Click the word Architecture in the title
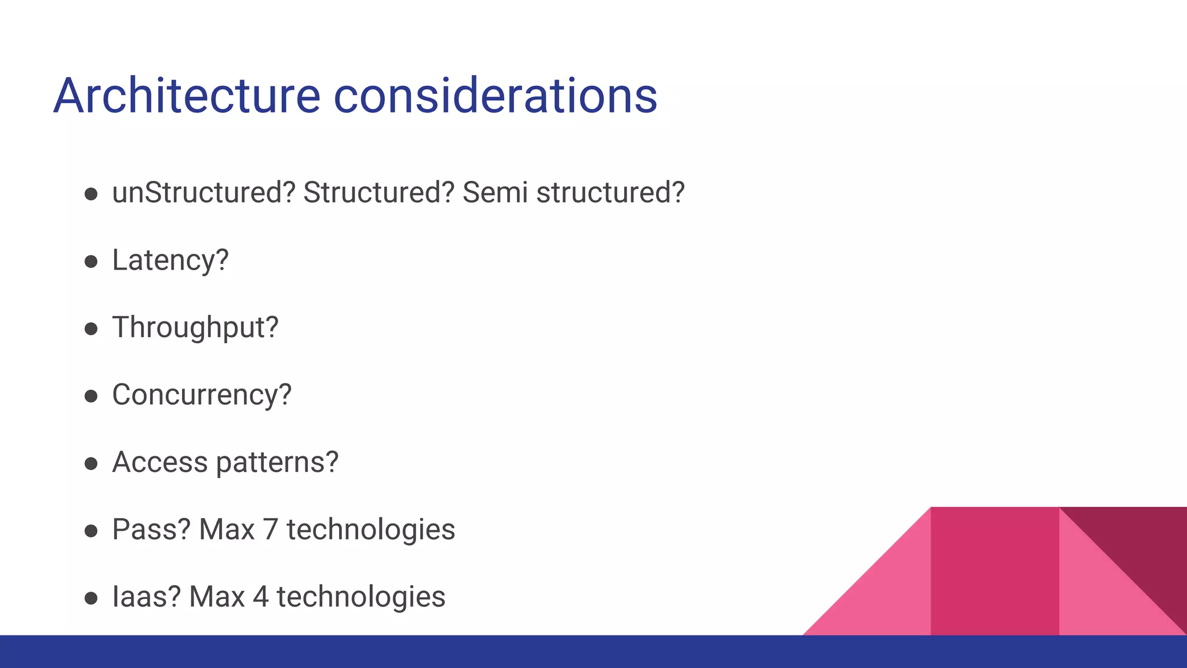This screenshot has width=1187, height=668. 187,96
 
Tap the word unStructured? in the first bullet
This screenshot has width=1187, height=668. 203,193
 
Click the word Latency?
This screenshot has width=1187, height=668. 170,260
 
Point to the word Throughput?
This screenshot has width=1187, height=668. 195,328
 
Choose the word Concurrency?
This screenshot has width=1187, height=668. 202,395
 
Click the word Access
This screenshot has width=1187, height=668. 160,462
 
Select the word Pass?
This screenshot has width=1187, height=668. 151,529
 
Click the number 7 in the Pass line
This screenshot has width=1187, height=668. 270,530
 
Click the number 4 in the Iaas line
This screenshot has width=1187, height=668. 261,597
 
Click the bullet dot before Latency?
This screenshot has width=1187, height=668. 91,262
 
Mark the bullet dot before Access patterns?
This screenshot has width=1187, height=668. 91,463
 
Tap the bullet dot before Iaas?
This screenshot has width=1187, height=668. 91,598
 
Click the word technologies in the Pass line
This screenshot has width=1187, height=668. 371,530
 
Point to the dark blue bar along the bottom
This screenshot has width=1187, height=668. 593,652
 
